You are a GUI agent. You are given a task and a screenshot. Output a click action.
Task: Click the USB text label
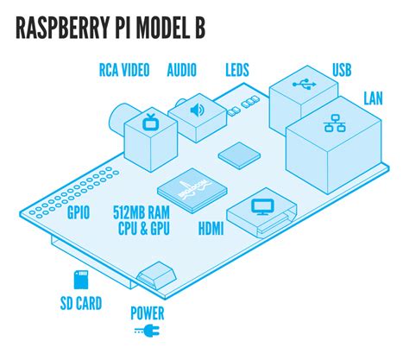(343, 69)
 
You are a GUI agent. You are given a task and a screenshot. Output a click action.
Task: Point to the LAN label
(373, 100)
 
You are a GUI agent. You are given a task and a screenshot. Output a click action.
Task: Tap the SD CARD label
(81, 303)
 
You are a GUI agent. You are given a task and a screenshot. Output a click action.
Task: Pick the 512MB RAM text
(140, 212)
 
